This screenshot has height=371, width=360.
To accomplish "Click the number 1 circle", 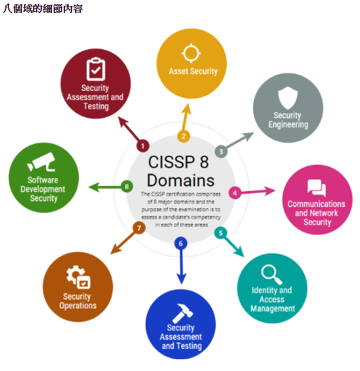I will coord(142,145).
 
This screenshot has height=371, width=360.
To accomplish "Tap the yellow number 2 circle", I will coord(184,136).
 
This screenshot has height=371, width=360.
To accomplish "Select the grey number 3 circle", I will coord(221,151).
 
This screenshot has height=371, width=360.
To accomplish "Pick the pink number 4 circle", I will coord(235,192).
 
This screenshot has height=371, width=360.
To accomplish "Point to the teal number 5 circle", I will coord(221,232).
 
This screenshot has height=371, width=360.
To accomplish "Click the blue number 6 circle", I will coord(181,242).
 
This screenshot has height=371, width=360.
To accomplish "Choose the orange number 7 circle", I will coord(139,228).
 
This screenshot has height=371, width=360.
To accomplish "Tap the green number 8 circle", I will coord(126,187).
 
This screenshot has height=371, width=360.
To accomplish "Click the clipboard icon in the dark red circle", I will coord(96,69).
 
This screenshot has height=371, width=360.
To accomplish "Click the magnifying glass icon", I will coord(271,272).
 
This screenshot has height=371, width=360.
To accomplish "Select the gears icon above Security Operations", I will coord(77,277).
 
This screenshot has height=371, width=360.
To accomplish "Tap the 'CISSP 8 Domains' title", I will coord(181,170).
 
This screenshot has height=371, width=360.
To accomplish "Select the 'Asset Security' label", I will coord(193,71).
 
